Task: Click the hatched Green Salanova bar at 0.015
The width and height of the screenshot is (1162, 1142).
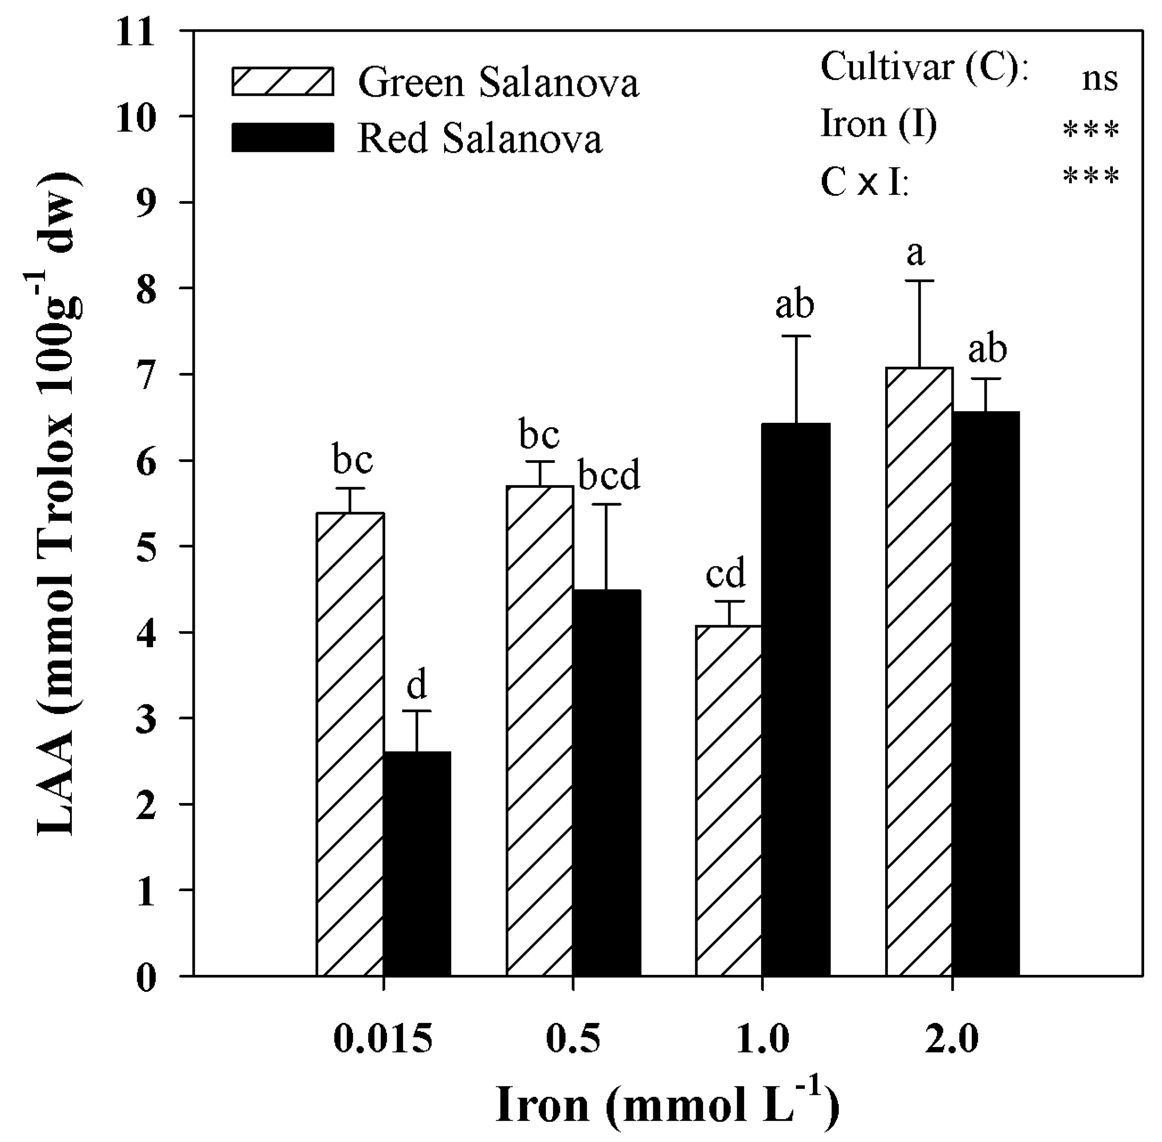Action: pyautogui.click(x=350, y=744)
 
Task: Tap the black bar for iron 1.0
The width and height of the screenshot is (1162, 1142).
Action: pyautogui.click(x=796, y=699)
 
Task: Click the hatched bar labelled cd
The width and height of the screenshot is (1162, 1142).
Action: pyautogui.click(x=729, y=800)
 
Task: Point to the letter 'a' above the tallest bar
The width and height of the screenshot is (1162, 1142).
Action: pyautogui.click(x=915, y=254)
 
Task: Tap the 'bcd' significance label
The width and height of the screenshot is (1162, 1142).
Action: pyautogui.click(x=609, y=476)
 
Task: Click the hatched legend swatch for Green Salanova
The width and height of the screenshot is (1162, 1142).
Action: pyautogui.click(x=282, y=82)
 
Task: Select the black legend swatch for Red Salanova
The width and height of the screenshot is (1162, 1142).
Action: pyautogui.click(x=282, y=137)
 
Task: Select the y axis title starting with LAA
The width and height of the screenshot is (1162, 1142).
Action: pyautogui.click(x=57, y=504)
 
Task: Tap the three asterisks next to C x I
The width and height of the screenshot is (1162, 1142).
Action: pyautogui.click(x=1091, y=176)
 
